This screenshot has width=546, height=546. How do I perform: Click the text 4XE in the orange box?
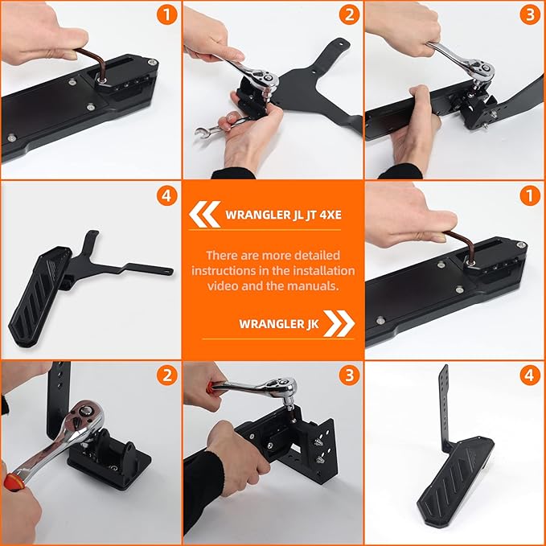pos(330,215)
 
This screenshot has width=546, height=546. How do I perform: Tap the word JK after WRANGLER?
pos(312,324)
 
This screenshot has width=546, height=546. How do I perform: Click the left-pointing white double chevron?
pos(204,214)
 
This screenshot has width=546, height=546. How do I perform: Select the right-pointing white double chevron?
pos(339,323)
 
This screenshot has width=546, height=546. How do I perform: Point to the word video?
pos(223,286)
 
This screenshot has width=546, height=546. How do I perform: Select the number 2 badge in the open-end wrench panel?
pos(349,14)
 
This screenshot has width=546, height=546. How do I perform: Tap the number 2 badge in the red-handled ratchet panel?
pos(167,375)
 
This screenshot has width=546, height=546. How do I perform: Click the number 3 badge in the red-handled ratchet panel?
pos(349,375)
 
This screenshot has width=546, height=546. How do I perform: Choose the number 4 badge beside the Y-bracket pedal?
pos(167,195)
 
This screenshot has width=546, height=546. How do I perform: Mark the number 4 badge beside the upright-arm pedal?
pos(530,375)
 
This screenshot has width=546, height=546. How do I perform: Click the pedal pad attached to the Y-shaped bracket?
pos(39,296)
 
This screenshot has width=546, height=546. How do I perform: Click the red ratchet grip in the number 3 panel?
pos(210,386)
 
